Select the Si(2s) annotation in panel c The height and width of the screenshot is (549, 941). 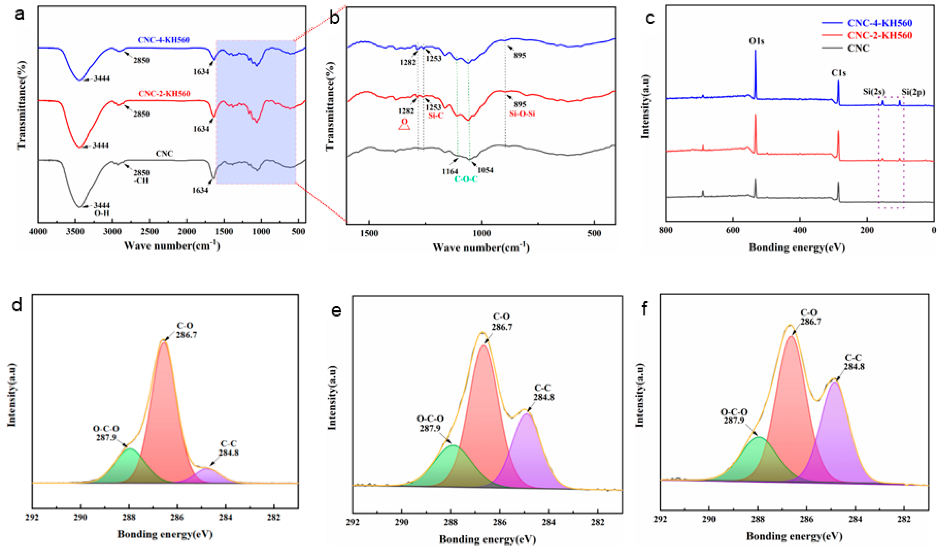click(874, 91)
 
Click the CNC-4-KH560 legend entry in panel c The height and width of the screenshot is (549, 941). click(879, 23)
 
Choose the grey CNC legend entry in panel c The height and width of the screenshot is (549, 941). click(858, 48)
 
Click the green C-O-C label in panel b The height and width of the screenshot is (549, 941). click(466, 179)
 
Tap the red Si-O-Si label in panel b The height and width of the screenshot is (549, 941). click(522, 113)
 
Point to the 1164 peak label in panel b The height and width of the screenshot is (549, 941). click(450, 171)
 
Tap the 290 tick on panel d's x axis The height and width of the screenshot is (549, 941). click(81, 517)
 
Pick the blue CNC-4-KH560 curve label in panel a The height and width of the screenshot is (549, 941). click(164, 40)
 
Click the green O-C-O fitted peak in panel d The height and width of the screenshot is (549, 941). click(129, 467)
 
